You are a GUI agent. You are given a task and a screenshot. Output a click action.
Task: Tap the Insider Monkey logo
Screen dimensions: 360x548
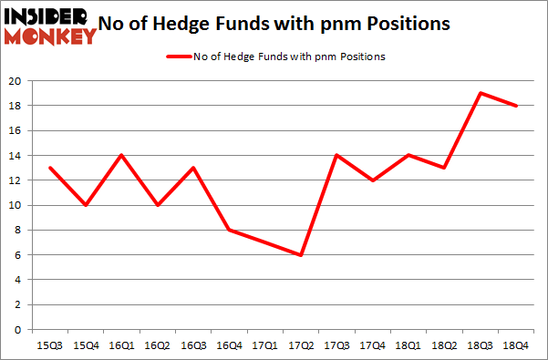(x=50, y=25)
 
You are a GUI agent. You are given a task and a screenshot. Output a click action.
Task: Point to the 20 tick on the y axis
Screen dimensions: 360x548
(x=15, y=81)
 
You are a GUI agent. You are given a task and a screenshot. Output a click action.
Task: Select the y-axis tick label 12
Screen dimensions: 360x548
(x=15, y=180)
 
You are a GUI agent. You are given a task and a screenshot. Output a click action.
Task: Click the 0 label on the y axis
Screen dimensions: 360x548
(x=18, y=330)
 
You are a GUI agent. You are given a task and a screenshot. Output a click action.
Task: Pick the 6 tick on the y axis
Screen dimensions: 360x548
(x=18, y=255)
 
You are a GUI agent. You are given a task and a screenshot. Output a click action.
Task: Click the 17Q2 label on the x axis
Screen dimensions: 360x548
(x=300, y=345)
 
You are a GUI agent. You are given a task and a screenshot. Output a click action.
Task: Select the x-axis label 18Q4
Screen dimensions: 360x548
(x=516, y=345)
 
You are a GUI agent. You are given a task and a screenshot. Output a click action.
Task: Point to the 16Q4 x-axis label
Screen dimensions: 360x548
(x=228, y=345)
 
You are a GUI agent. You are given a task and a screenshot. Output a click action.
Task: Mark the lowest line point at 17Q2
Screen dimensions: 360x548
(x=300, y=254)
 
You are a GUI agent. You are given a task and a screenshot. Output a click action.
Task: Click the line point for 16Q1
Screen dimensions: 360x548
(x=120, y=155)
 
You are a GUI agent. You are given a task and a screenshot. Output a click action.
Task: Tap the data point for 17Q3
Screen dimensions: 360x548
(x=336, y=155)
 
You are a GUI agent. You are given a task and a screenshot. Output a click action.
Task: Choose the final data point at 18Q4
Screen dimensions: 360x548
(x=516, y=106)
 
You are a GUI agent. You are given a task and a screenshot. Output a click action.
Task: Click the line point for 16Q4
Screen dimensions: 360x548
(x=228, y=230)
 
